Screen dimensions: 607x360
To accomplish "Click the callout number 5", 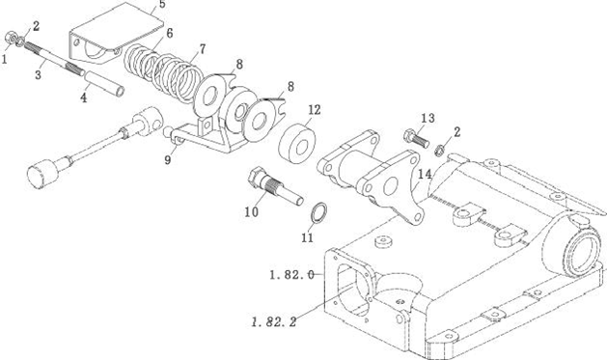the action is pos(162,4).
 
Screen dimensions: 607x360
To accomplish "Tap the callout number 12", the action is pos(315,110).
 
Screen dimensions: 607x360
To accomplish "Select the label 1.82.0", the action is pos(291,275).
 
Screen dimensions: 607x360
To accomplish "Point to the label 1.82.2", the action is pos(274,321).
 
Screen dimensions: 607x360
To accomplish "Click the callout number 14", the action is pos(425,174).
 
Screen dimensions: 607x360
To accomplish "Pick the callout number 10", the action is pos(251,211).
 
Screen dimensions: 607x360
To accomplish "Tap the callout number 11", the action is pos(307,237).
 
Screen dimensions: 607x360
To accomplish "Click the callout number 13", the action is pos(428,118).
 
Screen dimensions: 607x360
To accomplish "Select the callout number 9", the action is pos(167,159).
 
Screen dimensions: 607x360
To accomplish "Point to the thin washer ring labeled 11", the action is pos(319,213).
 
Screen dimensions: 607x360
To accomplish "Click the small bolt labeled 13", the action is pos(416,139).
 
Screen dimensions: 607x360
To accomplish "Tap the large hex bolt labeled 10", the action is pos(275,186).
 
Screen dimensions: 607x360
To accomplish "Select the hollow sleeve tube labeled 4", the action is pos(104,83).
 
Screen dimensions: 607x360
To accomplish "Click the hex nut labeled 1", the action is pos(10,38).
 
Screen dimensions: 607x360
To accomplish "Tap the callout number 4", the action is pos(84,97).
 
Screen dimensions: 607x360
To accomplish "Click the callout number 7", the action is pos(202,49).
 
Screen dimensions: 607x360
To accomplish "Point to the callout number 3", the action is pos(38,74).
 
